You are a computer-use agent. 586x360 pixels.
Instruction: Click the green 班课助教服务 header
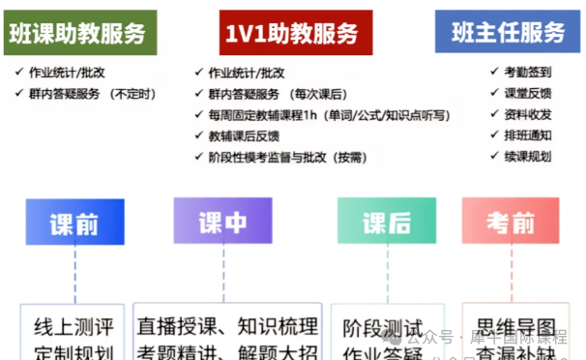point(82,32)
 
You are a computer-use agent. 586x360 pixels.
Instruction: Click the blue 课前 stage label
point(74,224)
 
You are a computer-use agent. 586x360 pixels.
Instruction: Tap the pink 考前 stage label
point(510,224)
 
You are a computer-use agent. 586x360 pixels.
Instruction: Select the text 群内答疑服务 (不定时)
point(93,93)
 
